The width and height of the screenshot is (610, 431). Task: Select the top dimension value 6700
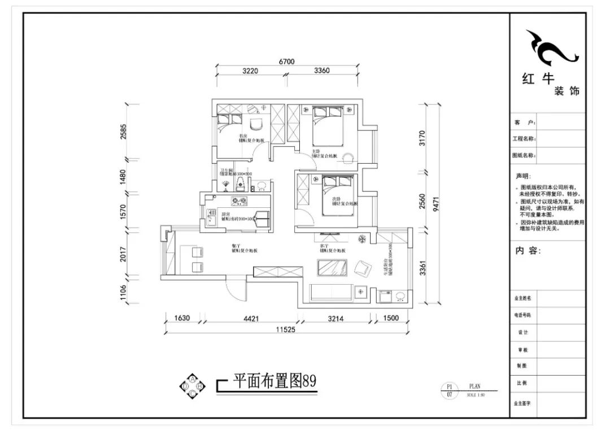click(286, 62)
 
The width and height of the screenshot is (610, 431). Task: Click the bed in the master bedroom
click(327, 129)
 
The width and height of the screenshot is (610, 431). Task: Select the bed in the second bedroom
click(338, 195)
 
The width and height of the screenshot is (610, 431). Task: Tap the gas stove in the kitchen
click(239, 201)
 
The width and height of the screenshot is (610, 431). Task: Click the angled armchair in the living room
click(363, 267)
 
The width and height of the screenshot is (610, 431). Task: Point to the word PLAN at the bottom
click(474, 386)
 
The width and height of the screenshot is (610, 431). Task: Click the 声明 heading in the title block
click(524, 176)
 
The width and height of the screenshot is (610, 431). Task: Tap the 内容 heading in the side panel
click(528, 251)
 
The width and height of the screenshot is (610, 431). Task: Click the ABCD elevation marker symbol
click(192, 385)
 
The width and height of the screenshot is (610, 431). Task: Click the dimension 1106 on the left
click(125, 294)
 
